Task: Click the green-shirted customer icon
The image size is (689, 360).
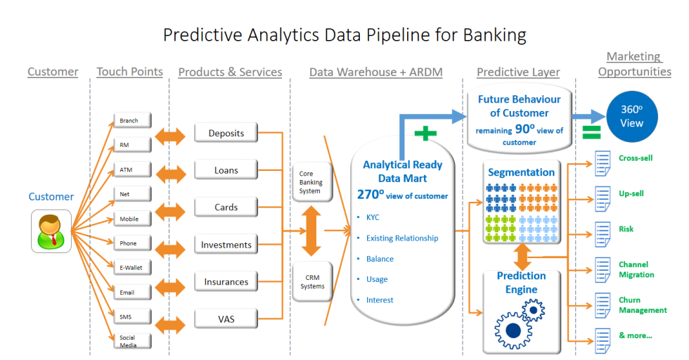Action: [51, 233]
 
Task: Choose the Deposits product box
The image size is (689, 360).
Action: [226, 134]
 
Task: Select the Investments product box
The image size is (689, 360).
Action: [226, 245]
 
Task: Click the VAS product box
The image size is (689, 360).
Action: [226, 319]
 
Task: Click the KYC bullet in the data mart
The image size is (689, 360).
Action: [372, 218]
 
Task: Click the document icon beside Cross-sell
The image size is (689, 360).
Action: [602, 163]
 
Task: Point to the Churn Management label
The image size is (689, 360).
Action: [642, 305]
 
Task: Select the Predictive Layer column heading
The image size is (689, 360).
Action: [518, 72]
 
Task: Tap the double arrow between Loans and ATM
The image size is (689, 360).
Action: [170, 171]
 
